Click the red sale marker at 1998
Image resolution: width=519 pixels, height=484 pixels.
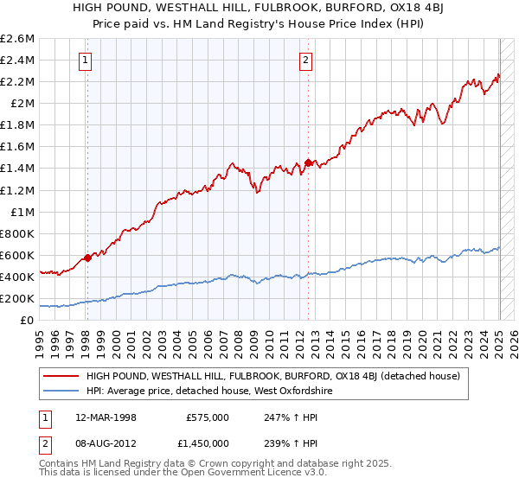coord(87,258)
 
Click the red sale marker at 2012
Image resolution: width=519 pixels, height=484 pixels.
coord(309,162)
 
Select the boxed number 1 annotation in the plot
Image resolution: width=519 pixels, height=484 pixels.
coord(86,60)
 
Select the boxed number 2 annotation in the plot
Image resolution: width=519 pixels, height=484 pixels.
coord(306,60)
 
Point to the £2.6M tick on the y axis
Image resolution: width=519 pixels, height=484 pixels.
coord(18,39)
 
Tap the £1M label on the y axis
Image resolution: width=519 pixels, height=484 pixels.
coord(22,212)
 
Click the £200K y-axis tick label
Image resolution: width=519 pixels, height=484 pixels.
coord(18,298)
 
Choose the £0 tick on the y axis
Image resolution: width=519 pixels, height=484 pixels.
coord(29,320)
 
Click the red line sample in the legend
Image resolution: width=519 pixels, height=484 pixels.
coord(61,376)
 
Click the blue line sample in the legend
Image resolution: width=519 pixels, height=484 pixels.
coord(61,391)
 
